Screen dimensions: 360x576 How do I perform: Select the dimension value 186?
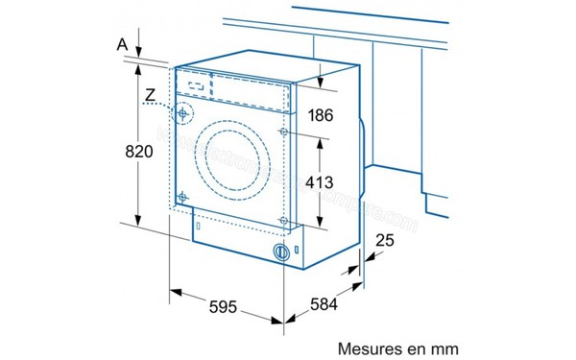(320, 116)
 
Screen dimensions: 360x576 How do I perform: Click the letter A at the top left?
(121, 43)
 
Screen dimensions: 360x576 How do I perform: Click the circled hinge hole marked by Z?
(181, 113)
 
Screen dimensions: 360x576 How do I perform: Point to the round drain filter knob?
(281, 252)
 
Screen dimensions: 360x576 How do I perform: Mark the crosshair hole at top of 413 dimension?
(282, 131)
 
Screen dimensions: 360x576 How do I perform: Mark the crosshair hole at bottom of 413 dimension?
(282, 221)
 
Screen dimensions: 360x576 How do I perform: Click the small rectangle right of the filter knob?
(298, 252)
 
